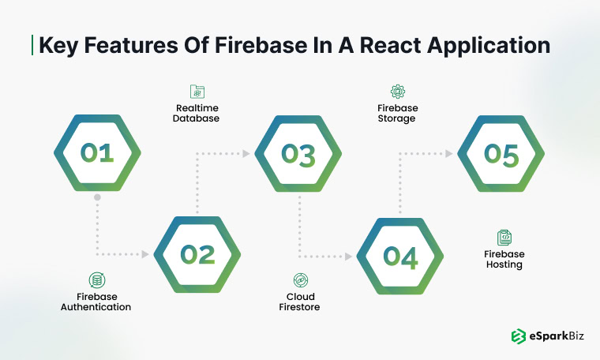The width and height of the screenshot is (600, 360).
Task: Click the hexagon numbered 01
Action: (x=96, y=153)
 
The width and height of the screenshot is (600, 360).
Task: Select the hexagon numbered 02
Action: (x=197, y=254)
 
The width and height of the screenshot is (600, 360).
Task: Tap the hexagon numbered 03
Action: (x=298, y=153)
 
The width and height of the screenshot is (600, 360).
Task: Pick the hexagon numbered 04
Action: (x=400, y=254)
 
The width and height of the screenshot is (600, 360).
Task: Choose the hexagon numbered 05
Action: (x=501, y=153)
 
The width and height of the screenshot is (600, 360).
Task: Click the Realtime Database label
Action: (x=197, y=113)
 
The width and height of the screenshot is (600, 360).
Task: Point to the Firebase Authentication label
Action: (x=96, y=301)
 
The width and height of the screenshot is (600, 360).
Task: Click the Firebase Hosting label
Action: (x=504, y=260)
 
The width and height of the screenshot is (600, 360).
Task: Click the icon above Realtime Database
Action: (x=197, y=92)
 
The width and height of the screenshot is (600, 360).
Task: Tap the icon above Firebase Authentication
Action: (x=96, y=279)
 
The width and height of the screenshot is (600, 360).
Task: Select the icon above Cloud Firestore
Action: (x=299, y=279)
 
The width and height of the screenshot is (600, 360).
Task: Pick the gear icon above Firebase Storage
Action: (x=397, y=92)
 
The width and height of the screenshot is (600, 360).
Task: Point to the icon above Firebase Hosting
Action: (x=504, y=237)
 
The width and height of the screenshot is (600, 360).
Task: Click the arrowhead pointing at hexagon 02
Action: (x=146, y=254)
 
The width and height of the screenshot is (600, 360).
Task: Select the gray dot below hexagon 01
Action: (x=96, y=197)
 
